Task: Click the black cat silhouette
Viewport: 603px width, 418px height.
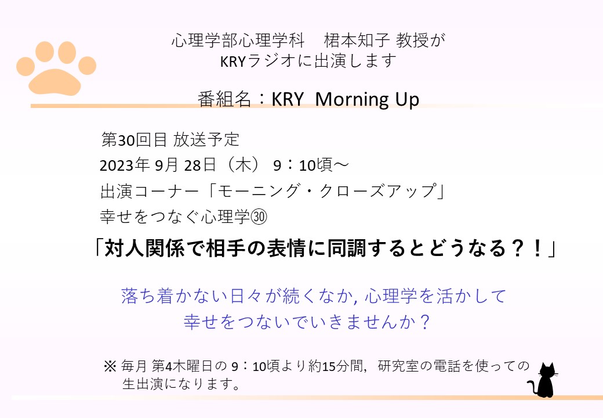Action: coord(544,380)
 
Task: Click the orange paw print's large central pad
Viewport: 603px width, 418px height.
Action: coord(55,82)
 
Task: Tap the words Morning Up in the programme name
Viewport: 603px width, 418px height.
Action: coord(367,99)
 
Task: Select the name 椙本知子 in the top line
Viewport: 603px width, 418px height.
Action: coord(357,40)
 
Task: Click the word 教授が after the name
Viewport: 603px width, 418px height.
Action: coord(420,40)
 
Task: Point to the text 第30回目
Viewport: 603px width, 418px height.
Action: coord(134,139)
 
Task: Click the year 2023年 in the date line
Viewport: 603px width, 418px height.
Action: coord(125,165)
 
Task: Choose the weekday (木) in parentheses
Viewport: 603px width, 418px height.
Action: coord(243,165)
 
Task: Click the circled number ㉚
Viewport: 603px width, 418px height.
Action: coord(259,217)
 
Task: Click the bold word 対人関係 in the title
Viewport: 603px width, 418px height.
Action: coord(144,248)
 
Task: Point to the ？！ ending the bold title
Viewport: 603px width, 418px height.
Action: coord(526,248)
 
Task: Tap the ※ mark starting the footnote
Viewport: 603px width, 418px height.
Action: coord(110,366)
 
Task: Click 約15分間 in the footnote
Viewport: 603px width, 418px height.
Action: coord(336,366)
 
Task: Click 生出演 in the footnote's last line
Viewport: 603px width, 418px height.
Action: coord(143,384)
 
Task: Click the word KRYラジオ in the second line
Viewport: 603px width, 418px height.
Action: coord(257,61)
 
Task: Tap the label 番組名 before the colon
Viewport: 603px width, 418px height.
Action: coord(224,99)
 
